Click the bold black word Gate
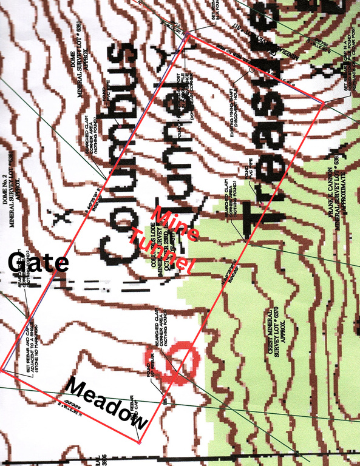pos(38,263)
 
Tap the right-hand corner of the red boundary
pos(323,104)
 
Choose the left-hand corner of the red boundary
pos(2,368)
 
